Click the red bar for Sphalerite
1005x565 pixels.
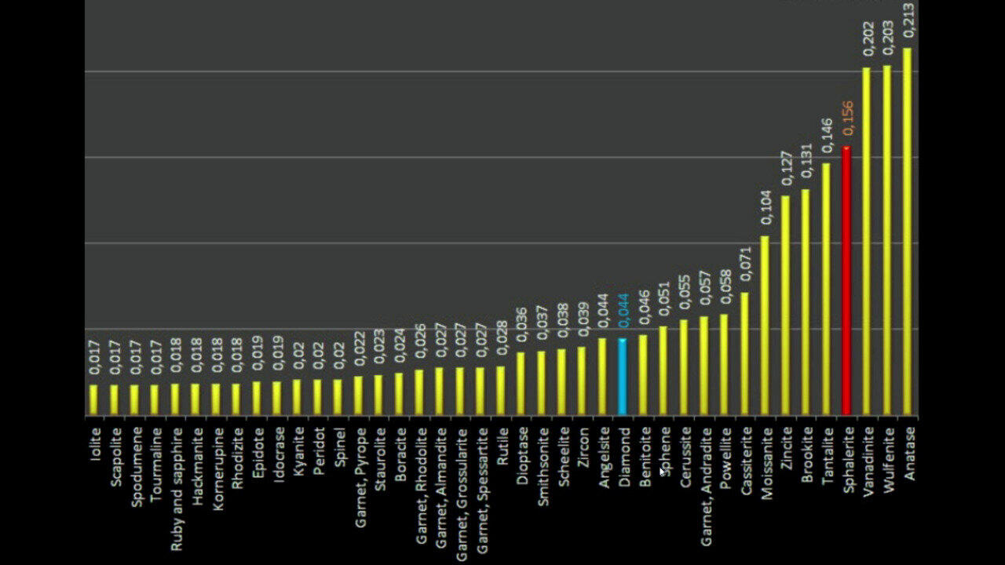846,281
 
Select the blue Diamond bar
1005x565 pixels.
623,377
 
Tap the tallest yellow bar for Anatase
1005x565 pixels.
907,231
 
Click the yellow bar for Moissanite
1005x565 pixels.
765,326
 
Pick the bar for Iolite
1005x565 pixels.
93,400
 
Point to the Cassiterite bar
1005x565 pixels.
744,354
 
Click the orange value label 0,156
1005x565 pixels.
848,118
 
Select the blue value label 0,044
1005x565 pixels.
624,311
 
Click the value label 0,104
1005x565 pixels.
767,208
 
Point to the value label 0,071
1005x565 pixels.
746,264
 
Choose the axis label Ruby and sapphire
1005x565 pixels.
177,489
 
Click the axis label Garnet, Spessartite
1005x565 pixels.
482,490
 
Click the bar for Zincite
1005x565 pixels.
785,305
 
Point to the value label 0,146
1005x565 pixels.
828,136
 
